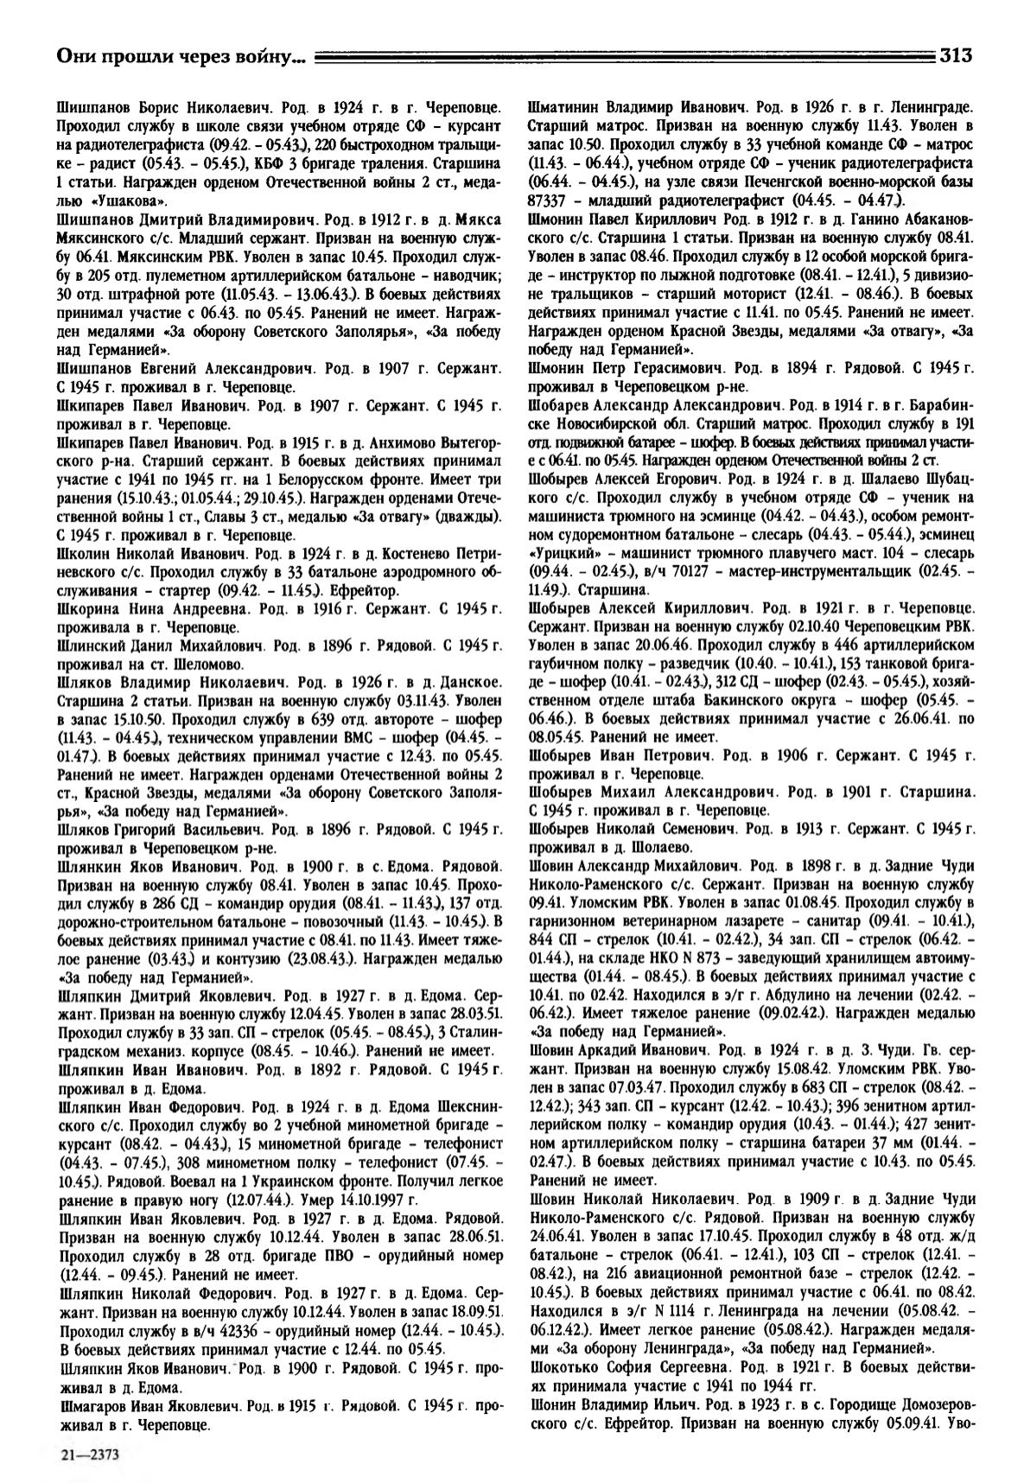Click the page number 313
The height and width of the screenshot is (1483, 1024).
957,56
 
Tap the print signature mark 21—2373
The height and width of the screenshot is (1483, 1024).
86,1454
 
